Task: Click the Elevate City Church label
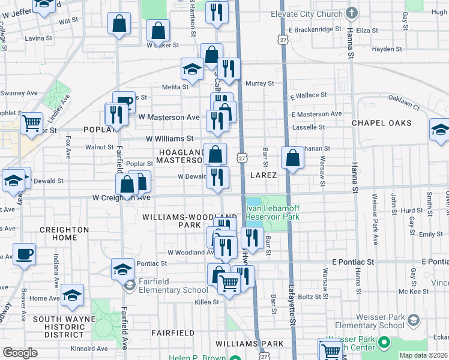click(x=306, y=13)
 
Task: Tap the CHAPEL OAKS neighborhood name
click(x=381, y=123)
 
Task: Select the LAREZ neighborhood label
click(x=264, y=175)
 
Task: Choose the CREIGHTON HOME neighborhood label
click(x=64, y=234)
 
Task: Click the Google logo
click(x=20, y=352)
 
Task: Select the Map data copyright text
click(x=423, y=355)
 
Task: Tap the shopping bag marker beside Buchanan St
click(x=292, y=158)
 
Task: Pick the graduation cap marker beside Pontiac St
click(x=122, y=268)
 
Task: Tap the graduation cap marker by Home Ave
click(x=72, y=295)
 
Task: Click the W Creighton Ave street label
click(x=121, y=197)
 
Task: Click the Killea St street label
click(x=206, y=302)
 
